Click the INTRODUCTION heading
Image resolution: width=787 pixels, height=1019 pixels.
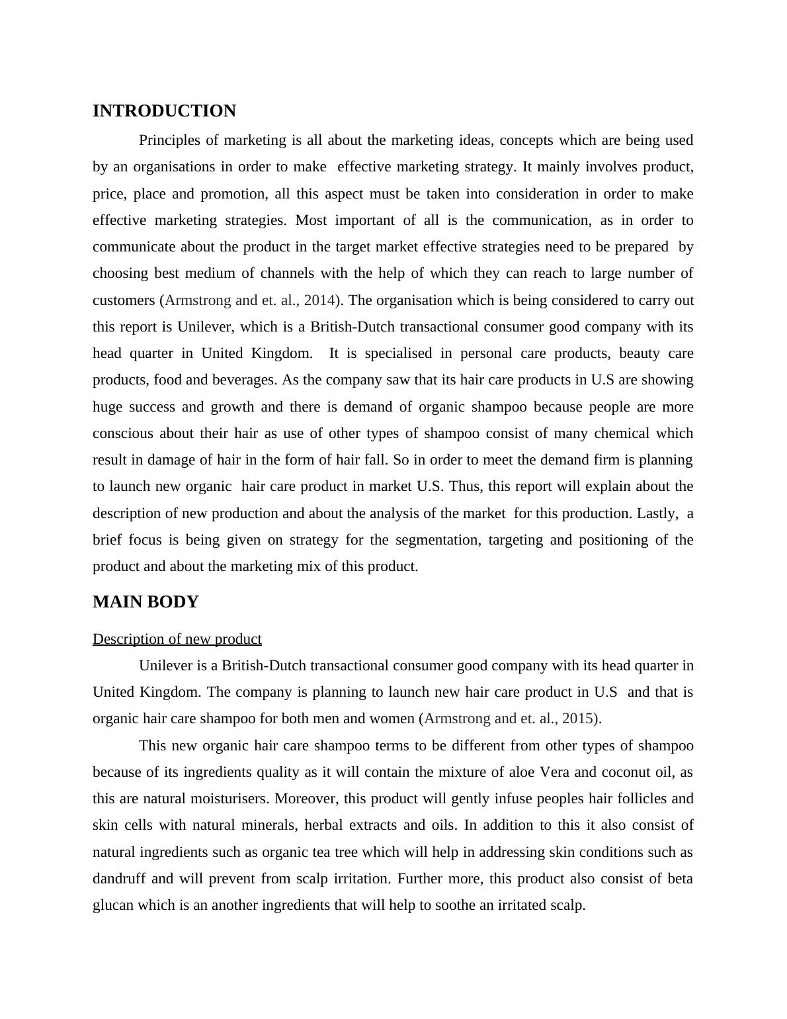point(164,111)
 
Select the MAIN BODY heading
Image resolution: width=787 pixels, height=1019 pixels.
point(145,602)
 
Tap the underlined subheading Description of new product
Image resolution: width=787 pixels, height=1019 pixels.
point(177,639)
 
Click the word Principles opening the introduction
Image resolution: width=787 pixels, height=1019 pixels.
point(171,140)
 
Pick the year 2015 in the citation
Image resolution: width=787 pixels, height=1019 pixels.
point(580,719)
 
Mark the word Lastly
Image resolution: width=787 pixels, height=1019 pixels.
point(657,513)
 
